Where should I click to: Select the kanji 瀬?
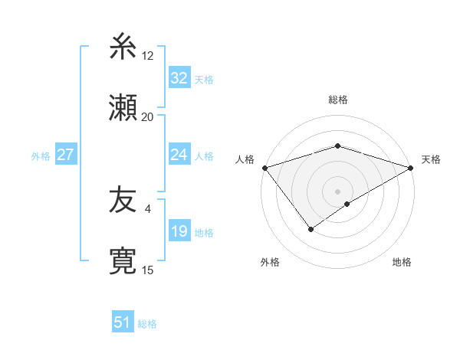124,106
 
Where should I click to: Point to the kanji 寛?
124,260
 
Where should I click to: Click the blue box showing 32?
179,77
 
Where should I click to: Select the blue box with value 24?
179,155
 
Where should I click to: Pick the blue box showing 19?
179,231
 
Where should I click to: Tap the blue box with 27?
65,155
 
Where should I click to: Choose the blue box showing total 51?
122,322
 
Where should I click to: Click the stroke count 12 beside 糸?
148,56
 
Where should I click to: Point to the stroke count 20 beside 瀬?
147,116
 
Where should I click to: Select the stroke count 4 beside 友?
148,208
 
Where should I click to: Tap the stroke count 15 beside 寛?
148,270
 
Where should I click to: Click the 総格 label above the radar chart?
338,100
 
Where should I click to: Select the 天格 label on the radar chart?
432,159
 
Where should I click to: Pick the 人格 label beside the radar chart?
245,159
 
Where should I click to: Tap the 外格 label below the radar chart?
269,262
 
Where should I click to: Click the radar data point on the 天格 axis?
411,167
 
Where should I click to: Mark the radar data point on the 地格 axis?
347,204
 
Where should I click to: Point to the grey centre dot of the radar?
337,191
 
